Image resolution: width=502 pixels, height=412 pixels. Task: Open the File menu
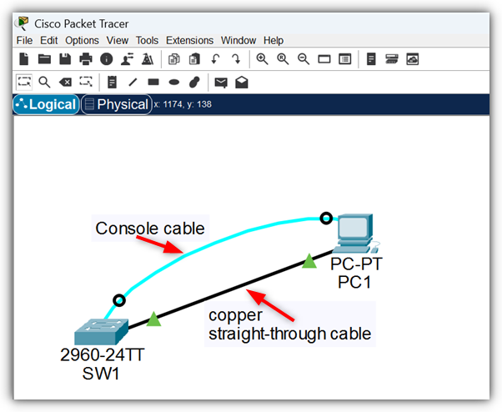(x=23, y=40)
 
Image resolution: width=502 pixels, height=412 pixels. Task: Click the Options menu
(x=82, y=40)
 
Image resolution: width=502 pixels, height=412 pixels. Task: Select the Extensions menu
(x=189, y=40)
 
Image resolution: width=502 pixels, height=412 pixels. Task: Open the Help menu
(x=274, y=40)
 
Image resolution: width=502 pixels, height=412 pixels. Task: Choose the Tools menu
(x=147, y=40)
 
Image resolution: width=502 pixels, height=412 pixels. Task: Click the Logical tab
(x=46, y=105)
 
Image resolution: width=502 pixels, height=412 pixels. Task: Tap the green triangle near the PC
(x=309, y=262)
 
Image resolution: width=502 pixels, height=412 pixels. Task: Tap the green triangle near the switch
(x=153, y=319)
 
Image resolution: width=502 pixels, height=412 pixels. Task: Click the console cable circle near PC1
(x=327, y=219)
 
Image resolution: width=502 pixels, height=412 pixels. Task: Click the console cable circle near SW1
(x=119, y=300)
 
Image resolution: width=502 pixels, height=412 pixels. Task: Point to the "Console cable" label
(x=150, y=228)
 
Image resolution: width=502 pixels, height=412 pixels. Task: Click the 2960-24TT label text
(x=102, y=354)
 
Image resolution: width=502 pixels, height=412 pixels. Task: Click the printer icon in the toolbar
(x=85, y=59)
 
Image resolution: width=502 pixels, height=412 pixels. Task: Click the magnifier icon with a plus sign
(x=262, y=59)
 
